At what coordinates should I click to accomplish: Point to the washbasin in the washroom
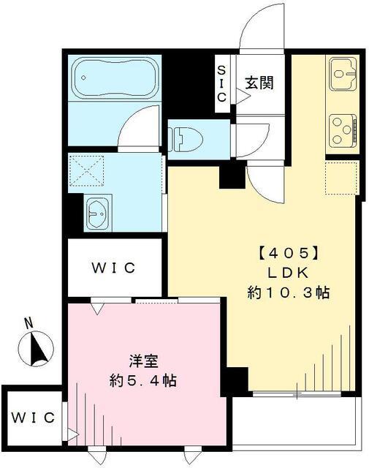coord(97,212)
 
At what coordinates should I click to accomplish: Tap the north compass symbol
coord(37,347)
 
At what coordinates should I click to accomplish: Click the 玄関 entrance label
coord(259,83)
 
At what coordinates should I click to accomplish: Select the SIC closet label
coord(223,83)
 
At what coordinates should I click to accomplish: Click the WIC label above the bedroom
coord(114,268)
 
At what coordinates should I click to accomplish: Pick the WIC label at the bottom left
coord(33,418)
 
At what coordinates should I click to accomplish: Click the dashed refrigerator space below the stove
coord(341,177)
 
